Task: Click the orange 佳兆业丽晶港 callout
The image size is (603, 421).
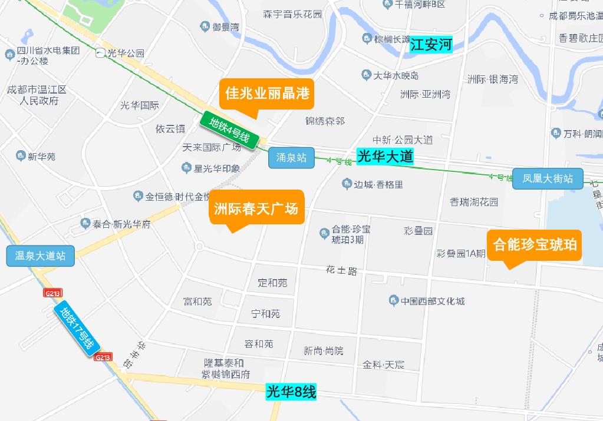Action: [x=267, y=93]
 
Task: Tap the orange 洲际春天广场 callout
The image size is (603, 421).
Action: [x=256, y=208]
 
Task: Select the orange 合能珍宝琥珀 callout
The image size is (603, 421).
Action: [x=535, y=244]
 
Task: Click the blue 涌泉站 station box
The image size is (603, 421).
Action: [x=291, y=158]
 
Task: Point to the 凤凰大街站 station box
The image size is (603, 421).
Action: [x=547, y=178]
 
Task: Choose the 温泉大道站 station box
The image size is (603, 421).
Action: [x=40, y=256]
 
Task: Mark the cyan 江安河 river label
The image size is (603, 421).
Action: [x=431, y=45]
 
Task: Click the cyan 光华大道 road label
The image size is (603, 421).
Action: [x=385, y=156]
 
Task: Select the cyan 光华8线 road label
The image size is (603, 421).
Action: [x=291, y=392]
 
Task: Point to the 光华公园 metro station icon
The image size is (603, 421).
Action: [x=100, y=53]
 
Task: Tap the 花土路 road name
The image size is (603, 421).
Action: [x=342, y=271]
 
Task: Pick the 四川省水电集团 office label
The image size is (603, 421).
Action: [x=47, y=51]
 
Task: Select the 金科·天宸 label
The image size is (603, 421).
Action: [x=384, y=364]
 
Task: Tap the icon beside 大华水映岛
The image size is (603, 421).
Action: [x=366, y=75]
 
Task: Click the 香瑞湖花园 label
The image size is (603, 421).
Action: [x=474, y=201]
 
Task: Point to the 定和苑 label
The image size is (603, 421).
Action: [x=272, y=283]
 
